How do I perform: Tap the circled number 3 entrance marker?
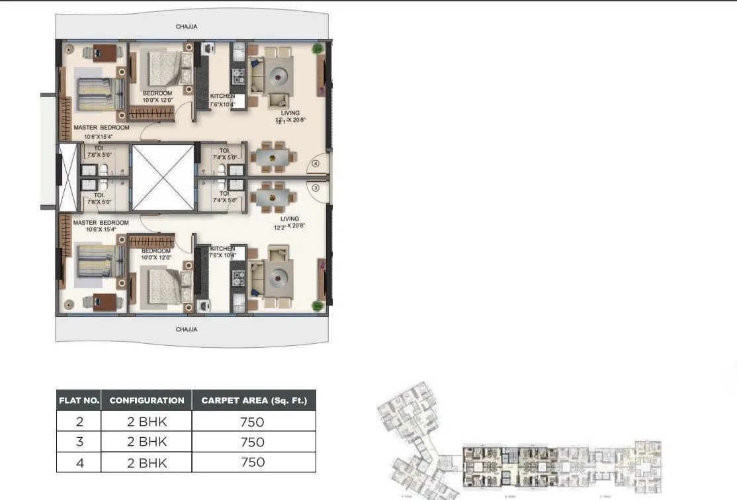[316, 188]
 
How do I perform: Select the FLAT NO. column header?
[79, 400]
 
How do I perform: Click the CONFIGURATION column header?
[146, 400]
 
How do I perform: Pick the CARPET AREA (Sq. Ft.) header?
[254, 400]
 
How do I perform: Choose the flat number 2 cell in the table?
[79, 421]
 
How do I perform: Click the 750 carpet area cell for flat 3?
[253, 442]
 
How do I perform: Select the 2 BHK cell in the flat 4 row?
[146, 462]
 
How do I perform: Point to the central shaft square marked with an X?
[163, 177]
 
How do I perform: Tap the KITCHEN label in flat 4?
[222, 97]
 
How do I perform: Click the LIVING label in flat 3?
[290, 218]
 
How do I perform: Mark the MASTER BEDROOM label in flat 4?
[101, 127]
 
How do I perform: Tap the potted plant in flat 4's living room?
[318, 48]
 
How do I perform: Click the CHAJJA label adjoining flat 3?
[187, 329]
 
